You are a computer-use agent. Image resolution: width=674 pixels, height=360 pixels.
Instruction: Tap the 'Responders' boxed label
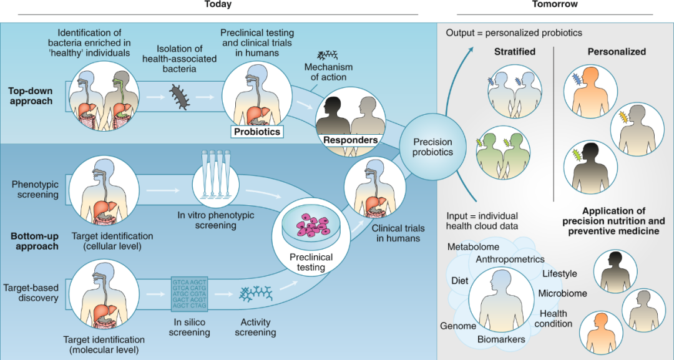click(350, 140)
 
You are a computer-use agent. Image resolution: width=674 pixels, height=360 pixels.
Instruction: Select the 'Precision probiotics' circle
click(427, 147)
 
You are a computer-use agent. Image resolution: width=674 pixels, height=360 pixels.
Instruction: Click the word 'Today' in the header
click(218, 5)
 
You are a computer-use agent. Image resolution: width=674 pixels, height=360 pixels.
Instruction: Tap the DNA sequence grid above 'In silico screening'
click(189, 293)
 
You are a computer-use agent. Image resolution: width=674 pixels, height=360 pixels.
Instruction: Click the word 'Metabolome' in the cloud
click(473, 247)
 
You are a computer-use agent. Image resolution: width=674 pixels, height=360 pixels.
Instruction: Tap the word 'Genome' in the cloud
click(458, 326)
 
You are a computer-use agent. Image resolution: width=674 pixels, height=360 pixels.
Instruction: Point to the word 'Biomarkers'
click(501, 339)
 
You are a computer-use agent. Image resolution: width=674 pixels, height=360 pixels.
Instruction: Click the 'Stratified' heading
click(515, 52)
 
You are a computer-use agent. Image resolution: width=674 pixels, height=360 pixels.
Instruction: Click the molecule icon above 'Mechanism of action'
click(328, 56)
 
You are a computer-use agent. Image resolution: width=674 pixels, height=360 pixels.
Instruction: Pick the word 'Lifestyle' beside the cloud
click(560, 274)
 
